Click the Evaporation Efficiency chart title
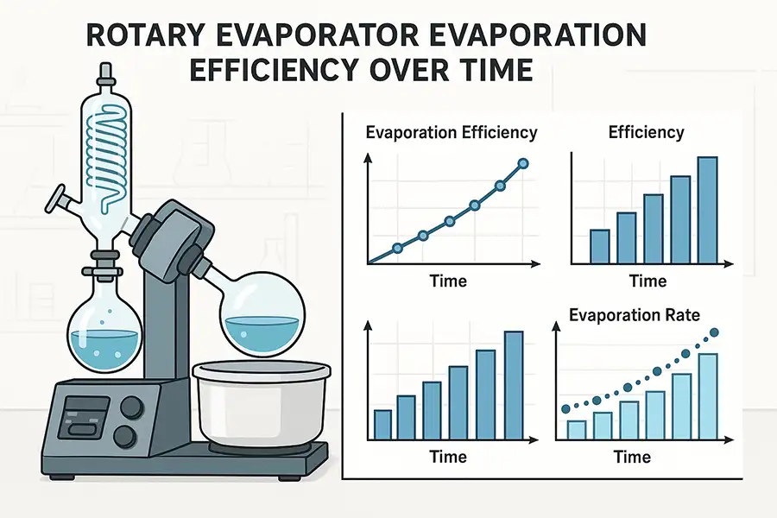(x=452, y=133)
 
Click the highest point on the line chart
(x=522, y=163)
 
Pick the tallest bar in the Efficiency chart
(x=708, y=210)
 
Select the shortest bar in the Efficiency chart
(x=599, y=246)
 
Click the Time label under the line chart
(x=449, y=281)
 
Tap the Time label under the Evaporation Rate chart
(x=633, y=456)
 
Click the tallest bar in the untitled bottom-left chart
(x=513, y=385)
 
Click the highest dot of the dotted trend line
(x=713, y=332)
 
